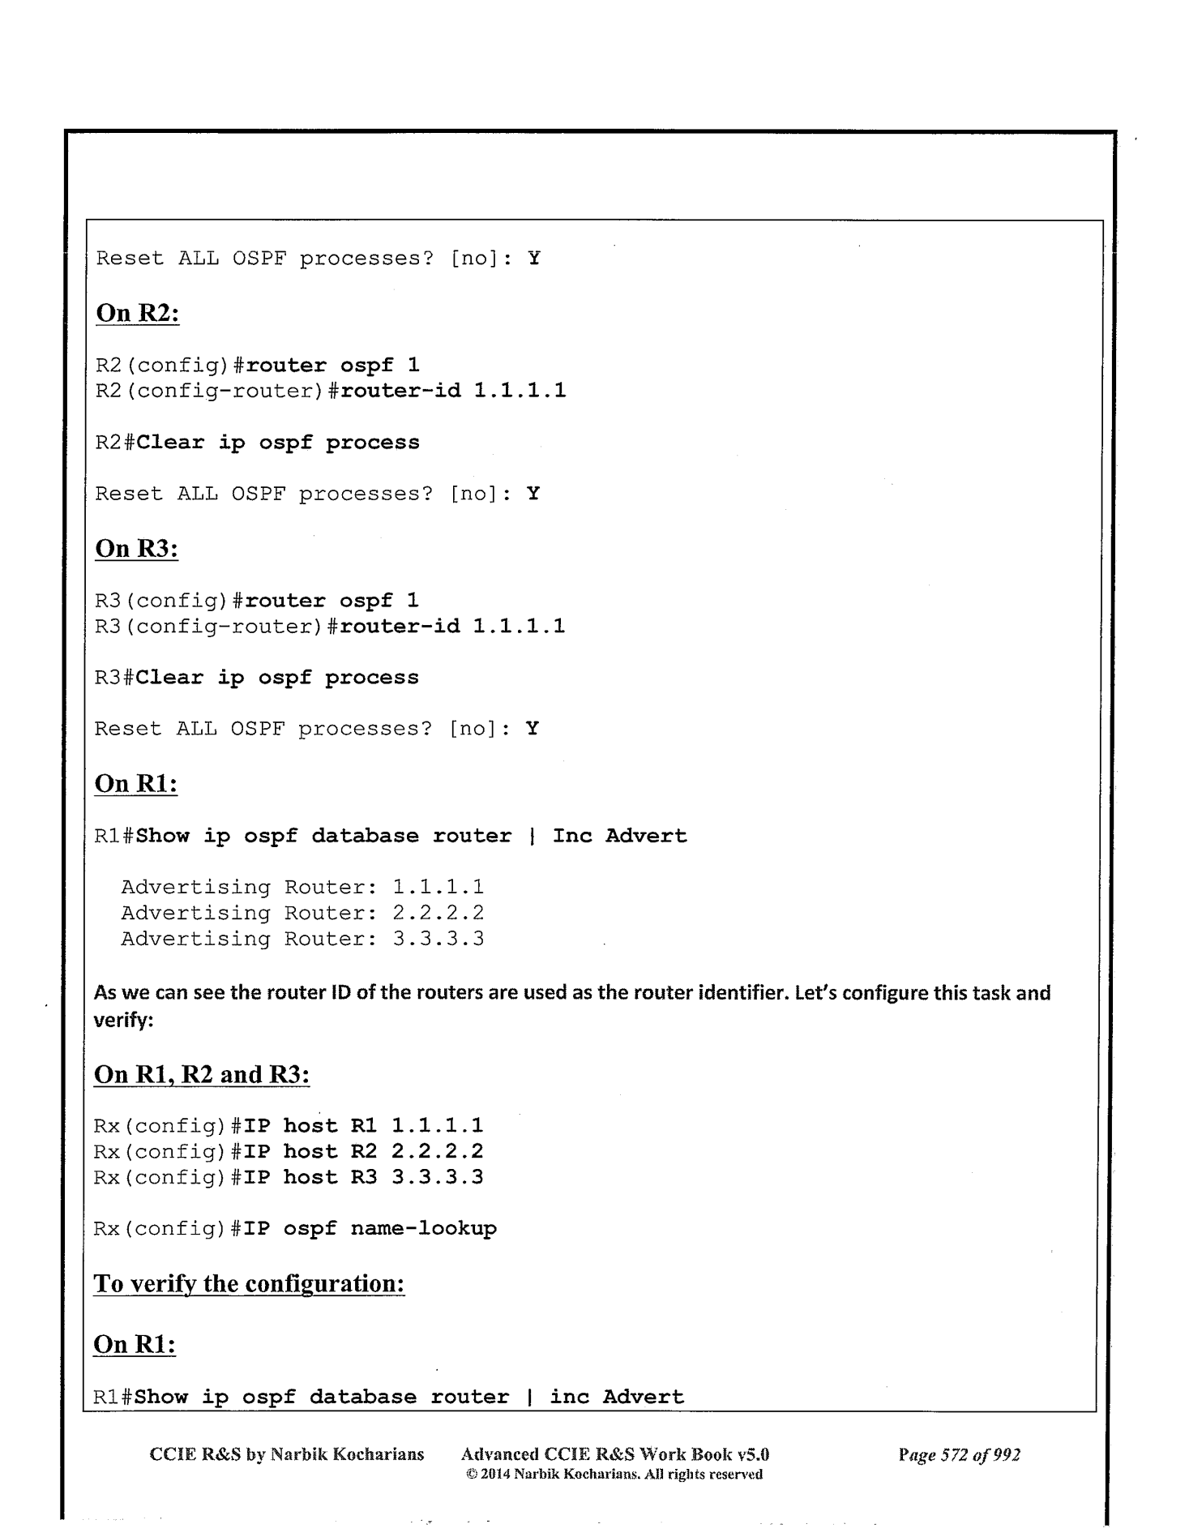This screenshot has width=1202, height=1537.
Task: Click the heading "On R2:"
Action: click(x=137, y=313)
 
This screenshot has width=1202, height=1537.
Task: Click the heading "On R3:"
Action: click(x=136, y=548)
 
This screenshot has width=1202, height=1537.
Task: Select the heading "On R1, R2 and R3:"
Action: click(x=202, y=1074)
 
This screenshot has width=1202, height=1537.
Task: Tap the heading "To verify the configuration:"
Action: click(x=249, y=1284)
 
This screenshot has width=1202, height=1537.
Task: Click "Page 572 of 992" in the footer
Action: click(x=959, y=1454)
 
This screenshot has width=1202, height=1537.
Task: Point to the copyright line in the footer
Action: click(x=614, y=1475)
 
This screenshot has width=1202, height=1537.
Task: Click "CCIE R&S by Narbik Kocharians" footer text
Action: click(x=287, y=1454)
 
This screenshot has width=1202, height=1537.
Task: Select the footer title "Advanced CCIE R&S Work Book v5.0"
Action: click(x=614, y=1454)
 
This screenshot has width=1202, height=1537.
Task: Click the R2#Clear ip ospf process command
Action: click(x=278, y=443)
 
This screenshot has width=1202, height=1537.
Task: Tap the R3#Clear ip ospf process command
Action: click(x=277, y=678)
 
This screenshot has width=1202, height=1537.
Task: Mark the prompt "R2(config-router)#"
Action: click(x=216, y=391)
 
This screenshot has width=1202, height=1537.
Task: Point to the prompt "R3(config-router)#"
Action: click(x=216, y=626)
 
